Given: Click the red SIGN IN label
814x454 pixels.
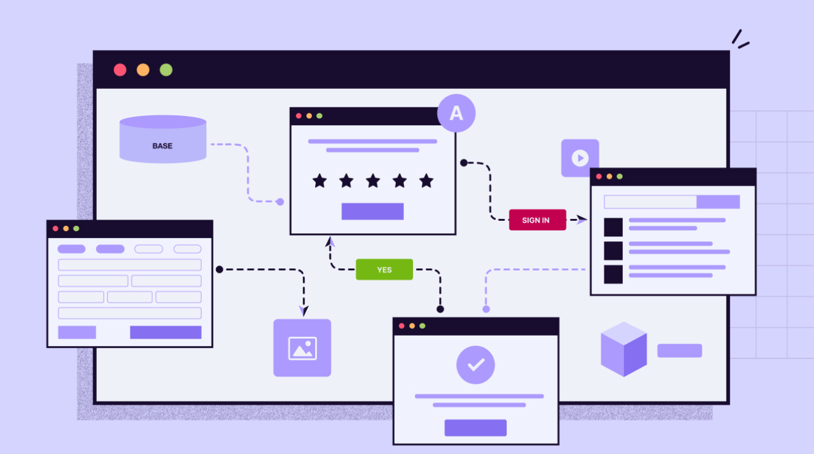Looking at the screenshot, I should point(537,220).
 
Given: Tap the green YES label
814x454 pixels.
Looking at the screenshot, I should point(384,270).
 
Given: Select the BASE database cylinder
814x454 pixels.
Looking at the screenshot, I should point(163,139).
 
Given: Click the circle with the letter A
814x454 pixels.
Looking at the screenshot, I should point(456,113).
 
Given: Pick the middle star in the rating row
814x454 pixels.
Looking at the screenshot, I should point(373,181).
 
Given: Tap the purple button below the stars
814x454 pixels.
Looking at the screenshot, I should point(372,212).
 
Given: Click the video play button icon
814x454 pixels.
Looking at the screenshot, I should point(580,158).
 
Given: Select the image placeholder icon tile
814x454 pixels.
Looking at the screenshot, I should point(302,348).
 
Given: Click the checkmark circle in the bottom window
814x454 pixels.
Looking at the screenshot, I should point(475,365).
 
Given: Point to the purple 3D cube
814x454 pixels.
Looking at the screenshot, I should point(623,349).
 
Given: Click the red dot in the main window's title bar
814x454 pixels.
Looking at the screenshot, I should point(120,70).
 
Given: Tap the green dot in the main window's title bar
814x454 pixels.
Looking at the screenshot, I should point(166,70).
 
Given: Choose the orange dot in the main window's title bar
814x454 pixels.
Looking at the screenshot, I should point(143,70).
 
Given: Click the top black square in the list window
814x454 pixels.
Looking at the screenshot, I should point(613,227).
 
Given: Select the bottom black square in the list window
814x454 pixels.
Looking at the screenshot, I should point(613,274).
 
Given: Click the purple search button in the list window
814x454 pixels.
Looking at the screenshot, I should point(718,202).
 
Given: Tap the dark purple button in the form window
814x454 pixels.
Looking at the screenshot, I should point(165,332).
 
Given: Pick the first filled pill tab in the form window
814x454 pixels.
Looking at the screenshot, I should point(72,249).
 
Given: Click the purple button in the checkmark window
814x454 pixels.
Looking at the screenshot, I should point(475,428).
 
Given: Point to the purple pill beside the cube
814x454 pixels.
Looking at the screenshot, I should point(680,350).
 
